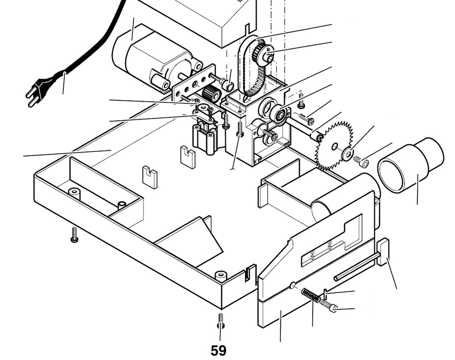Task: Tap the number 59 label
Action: [218, 350]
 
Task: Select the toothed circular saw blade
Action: [334, 146]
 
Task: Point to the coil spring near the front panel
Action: [311, 295]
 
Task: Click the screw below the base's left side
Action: [75, 234]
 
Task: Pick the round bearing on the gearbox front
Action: [278, 114]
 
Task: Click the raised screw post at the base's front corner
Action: [221, 276]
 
